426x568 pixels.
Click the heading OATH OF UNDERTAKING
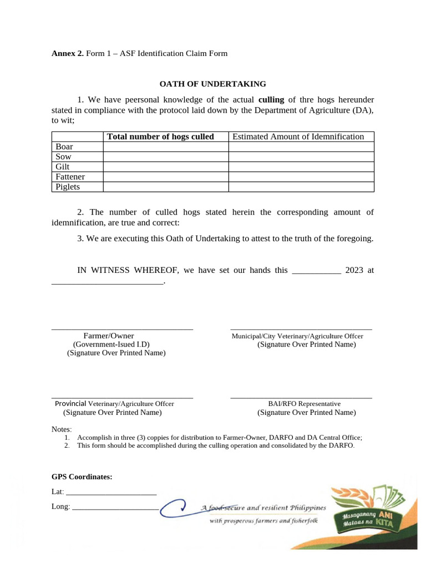tap(212, 84)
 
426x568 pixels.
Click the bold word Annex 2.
tap(68, 53)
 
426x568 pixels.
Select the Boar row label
tap(64, 147)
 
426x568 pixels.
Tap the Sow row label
tap(64, 157)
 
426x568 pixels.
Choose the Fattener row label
tap(70, 177)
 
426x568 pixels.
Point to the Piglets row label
tap(68, 187)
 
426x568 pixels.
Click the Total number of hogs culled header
tap(160, 137)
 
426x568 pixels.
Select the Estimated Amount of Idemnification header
tap(298, 137)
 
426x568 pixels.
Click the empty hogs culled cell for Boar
tap(166, 147)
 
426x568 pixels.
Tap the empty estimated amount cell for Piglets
tap(301, 187)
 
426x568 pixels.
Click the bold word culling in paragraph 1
tap(271, 100)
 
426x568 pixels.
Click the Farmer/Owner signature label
tap(109, 336)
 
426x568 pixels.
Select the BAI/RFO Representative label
tap(304, 404)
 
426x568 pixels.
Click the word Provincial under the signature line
tap(69, 404)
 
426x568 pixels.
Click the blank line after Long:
tap(115, 506)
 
